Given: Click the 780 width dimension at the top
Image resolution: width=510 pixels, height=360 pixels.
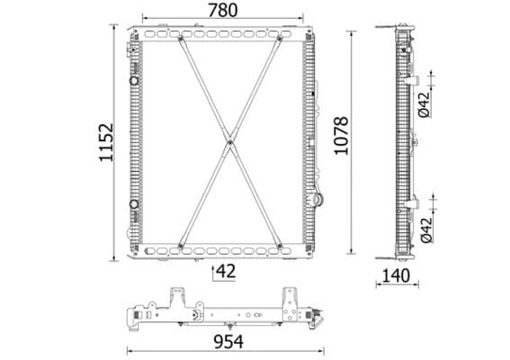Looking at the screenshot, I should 222,10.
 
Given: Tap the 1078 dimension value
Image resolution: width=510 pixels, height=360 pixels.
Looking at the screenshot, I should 339,135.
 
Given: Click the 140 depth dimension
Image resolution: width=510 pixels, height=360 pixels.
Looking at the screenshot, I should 396,275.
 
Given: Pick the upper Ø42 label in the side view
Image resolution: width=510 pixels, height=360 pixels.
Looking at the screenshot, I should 424,106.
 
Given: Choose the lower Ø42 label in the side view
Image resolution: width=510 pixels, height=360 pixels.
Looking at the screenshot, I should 425,229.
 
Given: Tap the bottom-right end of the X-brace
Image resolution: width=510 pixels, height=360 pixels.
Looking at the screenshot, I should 279,243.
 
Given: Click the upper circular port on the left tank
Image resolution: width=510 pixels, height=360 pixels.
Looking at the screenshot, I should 135,82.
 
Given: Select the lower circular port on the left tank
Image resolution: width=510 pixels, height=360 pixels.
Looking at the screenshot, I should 135,203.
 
